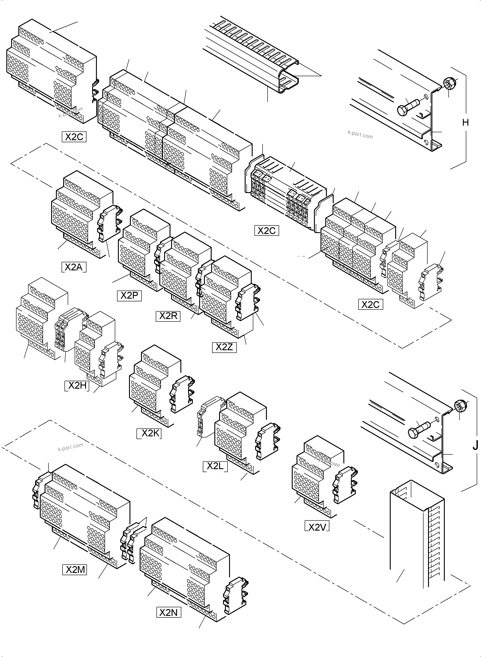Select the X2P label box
[x=129, y=295]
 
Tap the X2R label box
[x=168, y=316]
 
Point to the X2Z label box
[x=224, y=347]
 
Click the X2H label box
[x=77, y=386]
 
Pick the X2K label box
[x=149, y=434]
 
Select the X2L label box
[x=215, y=466]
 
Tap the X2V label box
[x=317, y=527]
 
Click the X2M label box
[x=75, y=570]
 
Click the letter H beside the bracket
[x=465, y=123]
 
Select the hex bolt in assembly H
[x=408, y=107]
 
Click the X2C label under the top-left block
[x=74, y=137]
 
